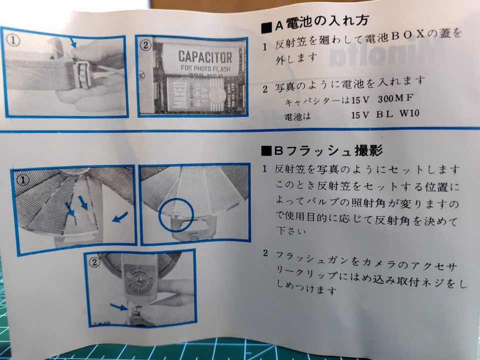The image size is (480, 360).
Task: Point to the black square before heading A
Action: (265, 23)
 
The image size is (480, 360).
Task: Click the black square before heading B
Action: (265, 150)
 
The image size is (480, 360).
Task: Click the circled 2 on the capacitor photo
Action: (145, 45)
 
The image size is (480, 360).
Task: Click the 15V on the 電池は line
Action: (360, 114)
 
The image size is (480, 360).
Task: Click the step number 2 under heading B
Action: (265, 254)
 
